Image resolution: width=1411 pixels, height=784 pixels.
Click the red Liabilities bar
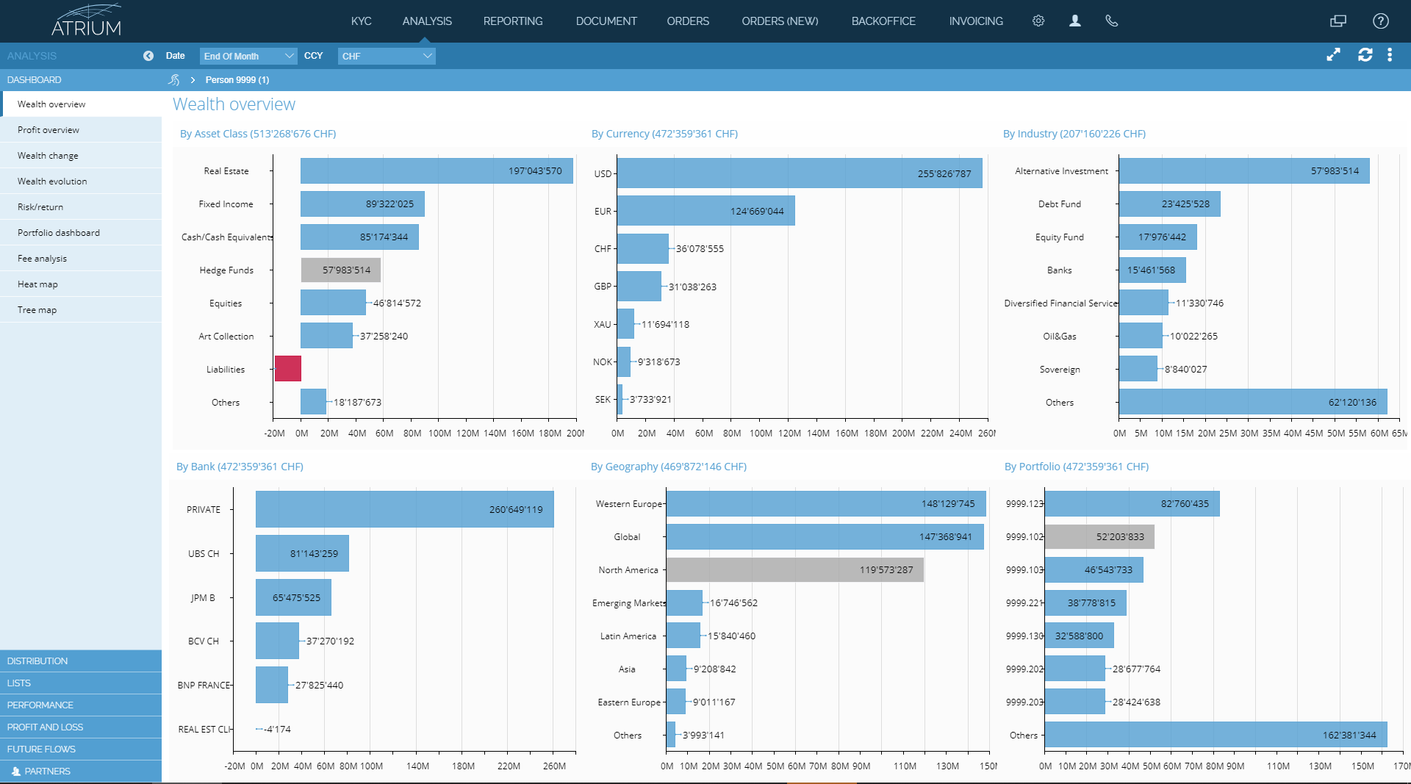[x=288, y=369]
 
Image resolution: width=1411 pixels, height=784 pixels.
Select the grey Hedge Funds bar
[x=340, y=270]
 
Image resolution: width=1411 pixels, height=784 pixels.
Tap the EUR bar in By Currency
[x=705, y=211]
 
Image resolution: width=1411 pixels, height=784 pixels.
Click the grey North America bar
[x=794, y=570]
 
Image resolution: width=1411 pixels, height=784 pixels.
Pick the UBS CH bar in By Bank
[x=302, y=553]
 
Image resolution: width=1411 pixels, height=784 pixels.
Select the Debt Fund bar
[x=1169, y=204]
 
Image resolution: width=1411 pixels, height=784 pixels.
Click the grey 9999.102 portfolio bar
[x=1099, y=537]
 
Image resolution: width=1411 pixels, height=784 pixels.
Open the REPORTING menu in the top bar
[x=513, y=21]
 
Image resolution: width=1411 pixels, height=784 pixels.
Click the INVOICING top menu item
[x=976, y=21]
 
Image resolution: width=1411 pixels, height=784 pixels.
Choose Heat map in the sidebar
[x=37, y=284]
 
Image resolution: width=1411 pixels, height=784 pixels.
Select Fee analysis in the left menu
[x=42, y=259]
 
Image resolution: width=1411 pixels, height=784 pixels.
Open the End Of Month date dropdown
[x=248, y=56]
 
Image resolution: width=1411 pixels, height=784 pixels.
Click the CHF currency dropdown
[x=387, y=56]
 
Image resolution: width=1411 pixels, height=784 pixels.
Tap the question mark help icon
[x=1381, y=21]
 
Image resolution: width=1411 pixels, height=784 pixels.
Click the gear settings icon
[x=1038, y=21]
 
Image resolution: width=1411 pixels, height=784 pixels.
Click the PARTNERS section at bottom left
[x=47, y=771]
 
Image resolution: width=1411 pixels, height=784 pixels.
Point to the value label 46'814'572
[x=397, y=303]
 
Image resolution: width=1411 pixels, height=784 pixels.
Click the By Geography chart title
[x=668, y=467]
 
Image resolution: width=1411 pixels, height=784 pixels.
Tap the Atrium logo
[x=87, y=21]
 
